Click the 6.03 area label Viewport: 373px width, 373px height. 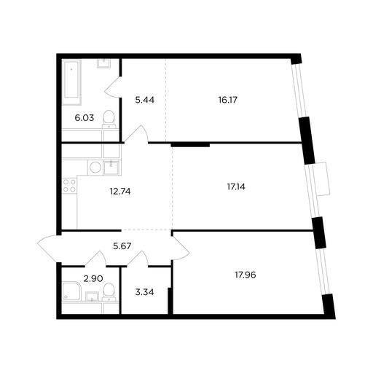pos(85,118)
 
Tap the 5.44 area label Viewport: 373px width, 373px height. pos(145,100)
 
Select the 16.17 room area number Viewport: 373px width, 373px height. pos(228,100)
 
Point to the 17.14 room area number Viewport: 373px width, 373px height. pos(236,186)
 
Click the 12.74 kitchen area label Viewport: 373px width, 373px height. pos(120,192)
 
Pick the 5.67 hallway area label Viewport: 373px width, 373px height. pos(122,246)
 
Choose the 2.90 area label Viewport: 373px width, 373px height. pos(93,278)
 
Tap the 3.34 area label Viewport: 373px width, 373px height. pos(144,292)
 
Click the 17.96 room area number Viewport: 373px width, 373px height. pos(246,275)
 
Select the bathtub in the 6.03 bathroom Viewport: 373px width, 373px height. pos(71,82)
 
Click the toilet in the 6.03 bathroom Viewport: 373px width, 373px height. pos(109,119)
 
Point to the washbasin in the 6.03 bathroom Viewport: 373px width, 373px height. pos(104,63)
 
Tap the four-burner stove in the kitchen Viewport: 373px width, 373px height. pos(69,185)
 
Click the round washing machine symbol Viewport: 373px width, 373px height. pos(95,168)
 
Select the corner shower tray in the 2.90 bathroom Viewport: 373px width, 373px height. pos(71,291)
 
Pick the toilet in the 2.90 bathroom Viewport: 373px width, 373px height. pos(109,291)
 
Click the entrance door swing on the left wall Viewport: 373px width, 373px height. pos(49,248)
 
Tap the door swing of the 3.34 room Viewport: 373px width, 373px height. pos(138,259)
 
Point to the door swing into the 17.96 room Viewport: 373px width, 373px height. pos(181,248)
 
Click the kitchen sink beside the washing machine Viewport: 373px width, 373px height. pos(111,168)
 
